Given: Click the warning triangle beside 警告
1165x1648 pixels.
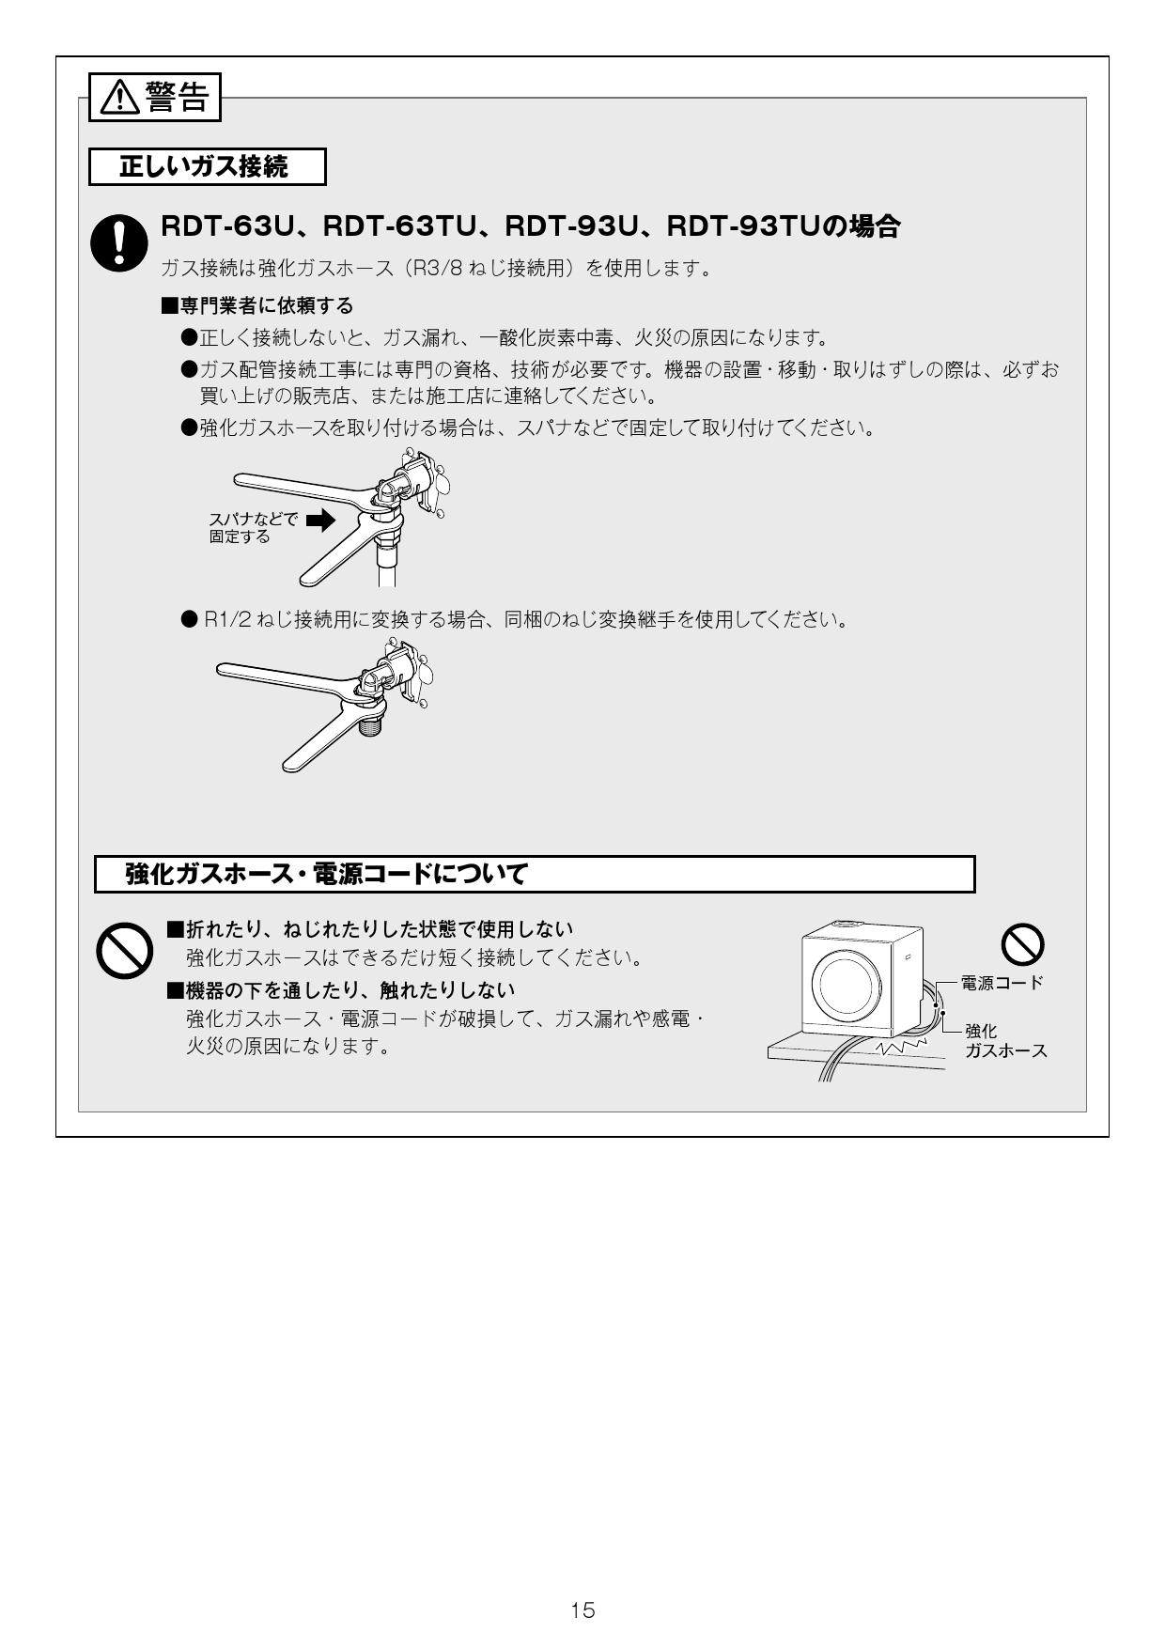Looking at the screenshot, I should (x=120, y=98).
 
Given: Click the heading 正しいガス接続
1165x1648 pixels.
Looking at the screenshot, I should (x=205, y=167).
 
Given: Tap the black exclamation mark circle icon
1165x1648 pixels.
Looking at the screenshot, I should (x=117, y=242).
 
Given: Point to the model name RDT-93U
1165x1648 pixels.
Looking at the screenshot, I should (x=571, y=226).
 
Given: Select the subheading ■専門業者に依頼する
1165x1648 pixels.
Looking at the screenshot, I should (x=257, y=305).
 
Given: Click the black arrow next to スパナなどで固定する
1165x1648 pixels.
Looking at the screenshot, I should (x=320, y=520).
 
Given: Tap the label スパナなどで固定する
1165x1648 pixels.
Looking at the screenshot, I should (x=251, y=527).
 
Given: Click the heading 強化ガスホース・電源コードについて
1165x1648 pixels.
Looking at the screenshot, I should (x=326, y=874).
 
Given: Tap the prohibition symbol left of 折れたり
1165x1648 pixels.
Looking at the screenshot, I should (x=125, y=950).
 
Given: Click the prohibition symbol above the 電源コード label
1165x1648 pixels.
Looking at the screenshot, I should (x=1022, y=943).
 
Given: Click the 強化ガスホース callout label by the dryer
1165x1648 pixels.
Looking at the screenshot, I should (x=1004, y=1041).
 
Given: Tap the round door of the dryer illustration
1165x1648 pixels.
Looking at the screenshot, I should (x=844, y=983).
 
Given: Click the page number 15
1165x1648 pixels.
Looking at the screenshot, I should (x=582, y=1610).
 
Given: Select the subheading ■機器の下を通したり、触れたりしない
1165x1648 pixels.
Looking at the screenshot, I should (x=341, y=989).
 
